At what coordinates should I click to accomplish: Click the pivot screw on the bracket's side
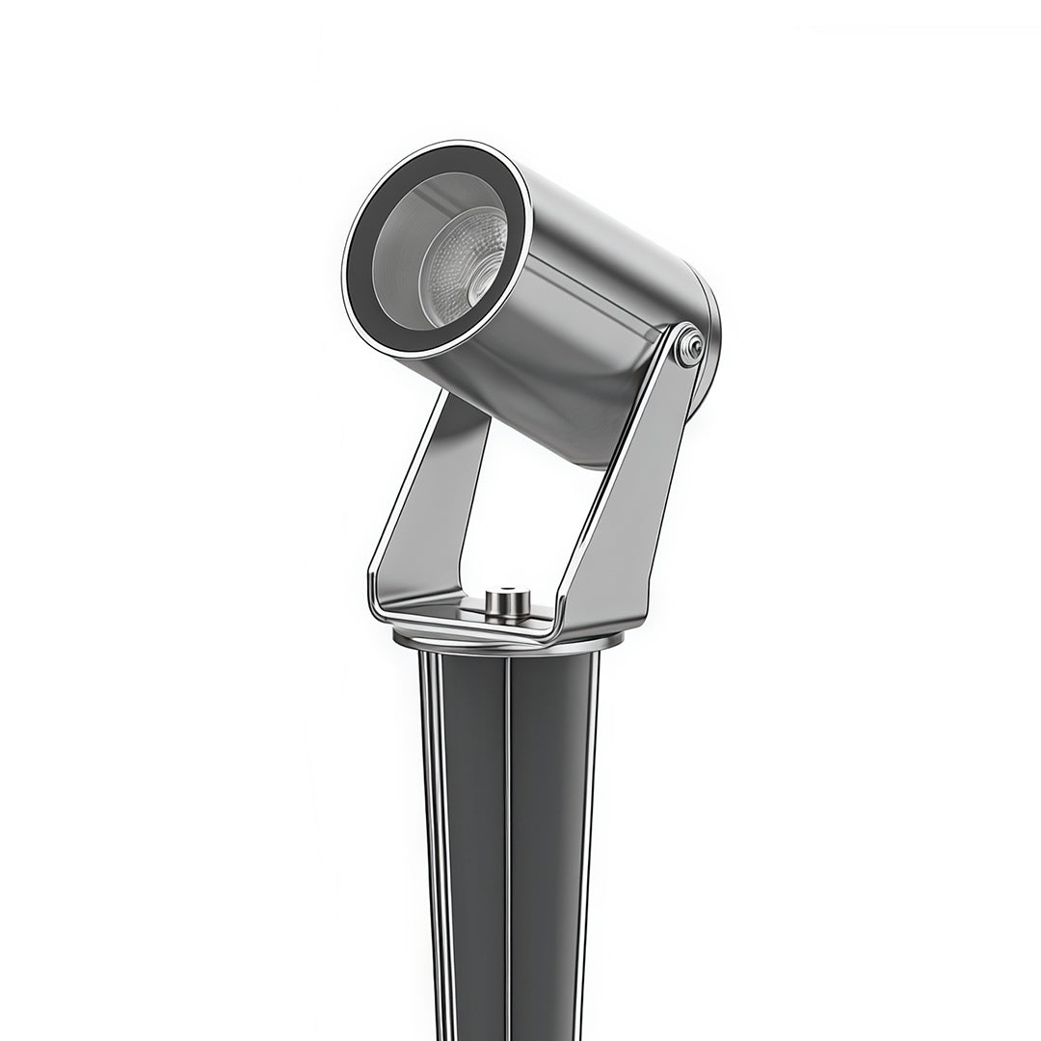click(689, 348)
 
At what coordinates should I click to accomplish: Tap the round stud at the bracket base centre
click(507, 602)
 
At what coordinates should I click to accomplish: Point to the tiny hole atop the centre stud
click(507, 591)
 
